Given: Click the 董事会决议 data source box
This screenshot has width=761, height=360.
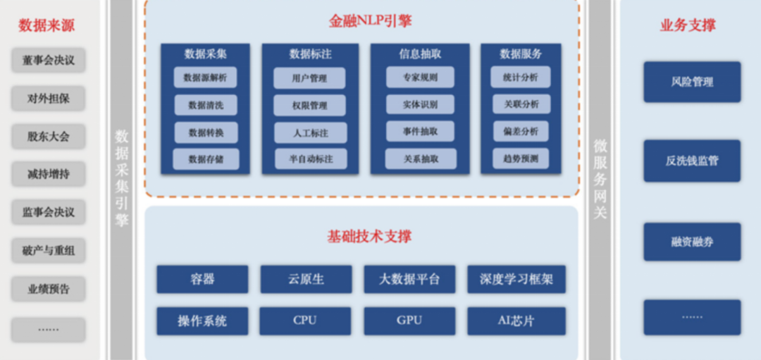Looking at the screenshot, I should click(x=48, y=60).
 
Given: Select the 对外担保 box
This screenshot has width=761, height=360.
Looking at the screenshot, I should click(x=48, y=98).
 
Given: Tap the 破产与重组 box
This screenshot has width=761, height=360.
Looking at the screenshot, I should click(x=48, y=250).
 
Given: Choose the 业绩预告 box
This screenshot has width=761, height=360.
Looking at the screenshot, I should click(x=48, y=289).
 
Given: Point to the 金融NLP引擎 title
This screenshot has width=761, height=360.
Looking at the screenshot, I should click(x=362, y=21).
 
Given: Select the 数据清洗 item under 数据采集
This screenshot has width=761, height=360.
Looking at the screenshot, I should click(x=206, y=105).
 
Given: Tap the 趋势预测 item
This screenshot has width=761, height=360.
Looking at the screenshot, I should click(x=521, y=159).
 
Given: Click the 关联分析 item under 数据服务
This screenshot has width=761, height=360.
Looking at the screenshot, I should click(x=521, y=104).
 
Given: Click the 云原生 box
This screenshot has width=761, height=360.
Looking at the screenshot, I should click(x=306, y=279).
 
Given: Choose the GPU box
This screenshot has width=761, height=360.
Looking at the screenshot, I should click(x=409, y=321).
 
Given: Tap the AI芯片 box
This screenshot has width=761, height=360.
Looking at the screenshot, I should click(x=516, y=321).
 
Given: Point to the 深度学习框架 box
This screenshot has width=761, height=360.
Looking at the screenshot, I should click(x=516, y=279).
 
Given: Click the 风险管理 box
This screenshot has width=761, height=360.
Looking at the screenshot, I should click(x=692, y=82).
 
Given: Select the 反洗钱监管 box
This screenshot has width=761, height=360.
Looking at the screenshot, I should click(x=692, y=161).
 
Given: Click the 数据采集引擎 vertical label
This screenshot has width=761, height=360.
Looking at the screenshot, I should click(x=122, y=177).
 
